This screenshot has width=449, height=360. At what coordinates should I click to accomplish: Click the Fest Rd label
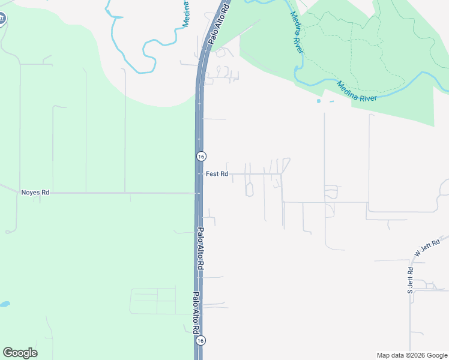pos(217,174)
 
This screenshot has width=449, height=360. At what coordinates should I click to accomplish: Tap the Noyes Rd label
pos(35,193)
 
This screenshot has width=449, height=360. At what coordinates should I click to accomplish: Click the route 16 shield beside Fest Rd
pos(200,156)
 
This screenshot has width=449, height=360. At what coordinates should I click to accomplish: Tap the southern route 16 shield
pos(200,340)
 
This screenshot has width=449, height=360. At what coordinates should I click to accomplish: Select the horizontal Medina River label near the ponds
pos(357,91)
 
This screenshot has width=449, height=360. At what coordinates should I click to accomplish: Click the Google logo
pos(20,353)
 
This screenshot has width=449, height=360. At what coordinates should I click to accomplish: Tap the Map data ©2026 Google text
pos(411,355)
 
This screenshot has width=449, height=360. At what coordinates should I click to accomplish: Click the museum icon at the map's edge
pos(2,18)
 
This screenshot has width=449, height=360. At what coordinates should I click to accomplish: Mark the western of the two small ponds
pos(318,101)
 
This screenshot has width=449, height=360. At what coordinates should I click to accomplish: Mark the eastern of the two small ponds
pos(331,101)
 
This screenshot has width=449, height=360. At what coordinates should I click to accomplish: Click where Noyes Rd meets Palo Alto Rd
pos(199,193)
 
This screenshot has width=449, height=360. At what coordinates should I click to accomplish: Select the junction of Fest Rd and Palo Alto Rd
pos(200,174)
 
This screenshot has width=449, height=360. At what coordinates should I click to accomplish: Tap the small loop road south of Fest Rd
pos(249,190)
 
